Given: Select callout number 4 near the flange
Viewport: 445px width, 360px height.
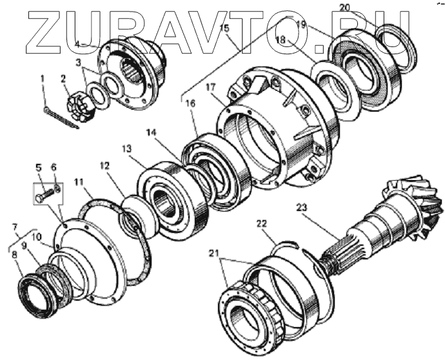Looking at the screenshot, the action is (78, 44).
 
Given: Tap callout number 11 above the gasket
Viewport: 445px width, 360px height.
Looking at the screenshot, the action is (77, 183).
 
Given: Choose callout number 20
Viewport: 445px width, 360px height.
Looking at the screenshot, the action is (345, 8).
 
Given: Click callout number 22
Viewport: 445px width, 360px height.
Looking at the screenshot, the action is (260, 223).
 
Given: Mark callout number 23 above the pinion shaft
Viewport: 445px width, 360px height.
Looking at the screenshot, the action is (302, 208).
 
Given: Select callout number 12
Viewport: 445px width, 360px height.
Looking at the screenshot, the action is (104, 165).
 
